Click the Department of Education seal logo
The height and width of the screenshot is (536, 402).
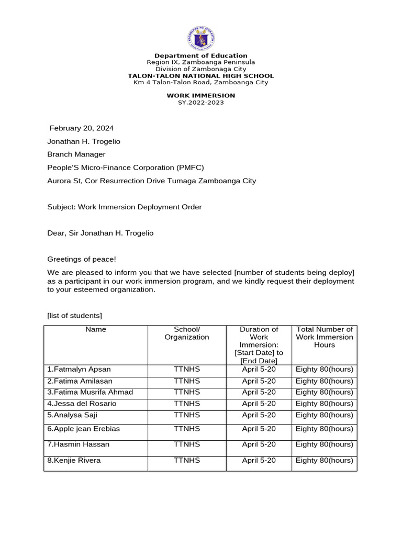pyautogui.click(x=201, y=39)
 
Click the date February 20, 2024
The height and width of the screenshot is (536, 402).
pyautogui.click(x=81, y=128)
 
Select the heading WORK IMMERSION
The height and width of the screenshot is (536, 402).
pyautogui.click(x=201, y=96)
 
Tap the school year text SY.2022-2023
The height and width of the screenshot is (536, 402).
pyautogui.click(x=201, y=103)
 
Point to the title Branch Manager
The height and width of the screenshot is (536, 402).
pyautogui.click(x=76, y=154)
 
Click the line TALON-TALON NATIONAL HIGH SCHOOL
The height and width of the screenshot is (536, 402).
pyautogui.click(x=201, y=76)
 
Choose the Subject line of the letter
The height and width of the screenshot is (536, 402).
pyautogui.click(x=125, y=207)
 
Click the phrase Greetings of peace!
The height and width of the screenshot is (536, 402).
pyautogui.click(x=82, y=259)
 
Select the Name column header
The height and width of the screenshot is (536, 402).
pyautogui.click(x=96, y=330)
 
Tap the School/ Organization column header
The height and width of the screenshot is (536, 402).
pyautogui.click(x=187, y=333)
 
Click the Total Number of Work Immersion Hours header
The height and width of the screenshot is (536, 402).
pyautogui.click(x=325, y=337)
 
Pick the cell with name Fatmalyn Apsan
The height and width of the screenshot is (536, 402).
pyautogui.click(x=79, y=369)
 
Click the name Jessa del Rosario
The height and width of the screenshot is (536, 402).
pyautogui.click(x=82, y=404)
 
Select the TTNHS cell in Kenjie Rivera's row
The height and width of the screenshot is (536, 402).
pyautogui.click(x=187, y=461)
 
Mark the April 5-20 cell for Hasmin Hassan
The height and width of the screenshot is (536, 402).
pyautogui.click(x=259, y=444)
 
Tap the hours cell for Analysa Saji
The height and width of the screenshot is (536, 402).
pyautogui.click(x=325, y=415)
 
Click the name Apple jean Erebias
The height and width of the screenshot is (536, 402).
pyautogui.click(x=84, y=429)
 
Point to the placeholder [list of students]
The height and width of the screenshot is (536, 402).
pyautogui.click(x=75, y=315)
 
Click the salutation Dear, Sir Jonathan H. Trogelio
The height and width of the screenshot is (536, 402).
pyautogui.click(x=100, y=233)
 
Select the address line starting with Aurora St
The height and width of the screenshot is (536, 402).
pyautogui.click(x=152, y=181)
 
